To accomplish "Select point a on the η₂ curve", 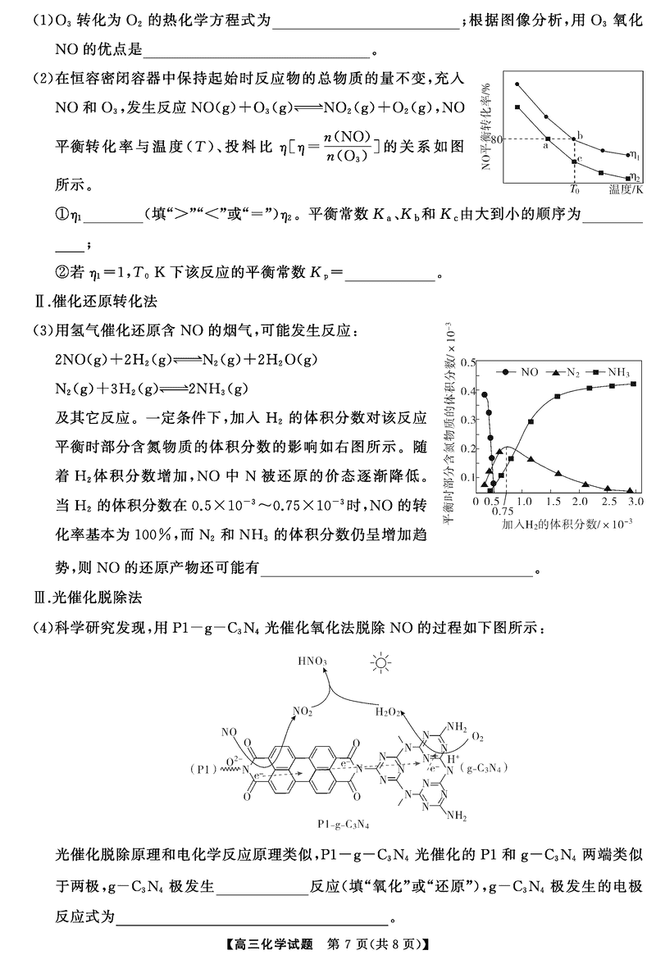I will (x=548, y=139).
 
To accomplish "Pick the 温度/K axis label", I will (x=626, y=189).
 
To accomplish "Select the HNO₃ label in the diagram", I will (x=314, y=661).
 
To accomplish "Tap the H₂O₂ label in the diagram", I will (x=389, y=712).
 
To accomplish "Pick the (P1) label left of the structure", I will (x=206, y=769).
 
